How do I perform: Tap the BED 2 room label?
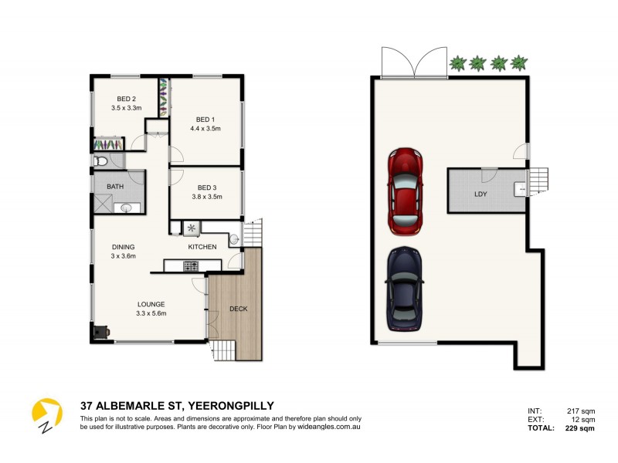coord(127,99)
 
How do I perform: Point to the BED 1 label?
coord(205,120)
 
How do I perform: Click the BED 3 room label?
coord(206,188)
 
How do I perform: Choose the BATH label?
coord(115,187)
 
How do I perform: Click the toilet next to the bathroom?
coord(100,161)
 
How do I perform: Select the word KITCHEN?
coord(202,247)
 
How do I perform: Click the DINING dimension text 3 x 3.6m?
coord(123,256)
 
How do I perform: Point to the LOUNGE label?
coord(151,304)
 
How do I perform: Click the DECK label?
coord(239,309)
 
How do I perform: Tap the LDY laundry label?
coord(480,194)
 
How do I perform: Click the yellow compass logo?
coord(46,413)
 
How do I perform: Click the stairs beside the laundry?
coord(539,183)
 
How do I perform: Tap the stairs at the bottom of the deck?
coord(222,351)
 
